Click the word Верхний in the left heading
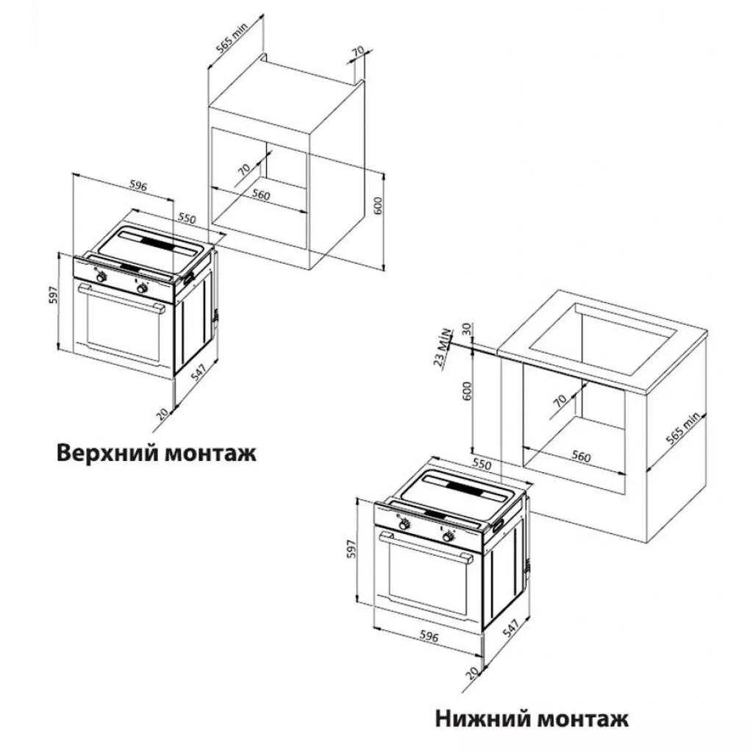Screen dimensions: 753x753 [107, 452]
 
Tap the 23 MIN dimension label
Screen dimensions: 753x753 [443, 347]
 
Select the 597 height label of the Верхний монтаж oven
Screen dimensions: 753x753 [54, 295]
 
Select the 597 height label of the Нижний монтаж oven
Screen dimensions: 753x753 [353, 549]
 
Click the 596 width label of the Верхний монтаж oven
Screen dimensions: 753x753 [138, 186]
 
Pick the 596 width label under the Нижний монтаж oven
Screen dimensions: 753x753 [429, 636]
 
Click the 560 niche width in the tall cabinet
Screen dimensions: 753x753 [261, 195]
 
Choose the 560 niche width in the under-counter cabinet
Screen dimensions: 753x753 [581, 456]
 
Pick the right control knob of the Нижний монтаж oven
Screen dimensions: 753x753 [449, 536]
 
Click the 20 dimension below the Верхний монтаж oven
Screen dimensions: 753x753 [163, 413]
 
